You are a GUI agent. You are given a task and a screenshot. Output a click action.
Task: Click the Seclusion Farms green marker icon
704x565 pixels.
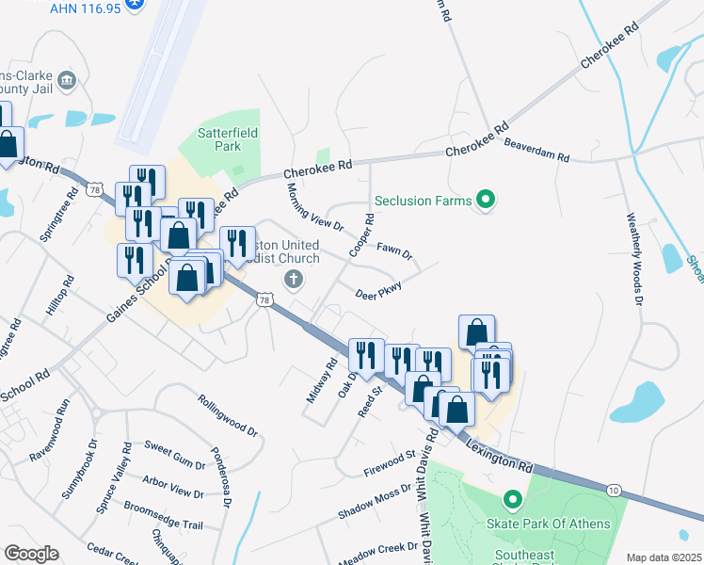(486, 200)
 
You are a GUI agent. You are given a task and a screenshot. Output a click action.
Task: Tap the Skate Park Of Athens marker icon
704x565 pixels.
(513, 500)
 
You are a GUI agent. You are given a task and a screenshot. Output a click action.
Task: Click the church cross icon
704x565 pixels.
(294, 279)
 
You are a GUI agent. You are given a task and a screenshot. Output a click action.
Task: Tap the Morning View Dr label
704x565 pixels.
(315, 207)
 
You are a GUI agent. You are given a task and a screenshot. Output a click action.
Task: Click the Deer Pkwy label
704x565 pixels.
(379, 292)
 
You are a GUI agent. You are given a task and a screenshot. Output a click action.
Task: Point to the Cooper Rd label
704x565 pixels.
(362, 236)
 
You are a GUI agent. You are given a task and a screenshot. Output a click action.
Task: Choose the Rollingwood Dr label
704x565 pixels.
(227, 415)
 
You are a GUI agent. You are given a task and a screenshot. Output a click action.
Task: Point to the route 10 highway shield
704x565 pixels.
(614, 490)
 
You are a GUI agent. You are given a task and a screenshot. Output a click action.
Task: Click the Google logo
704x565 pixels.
(31, 554)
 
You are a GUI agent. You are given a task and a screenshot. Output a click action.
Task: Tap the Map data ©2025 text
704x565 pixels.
(664, 557)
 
